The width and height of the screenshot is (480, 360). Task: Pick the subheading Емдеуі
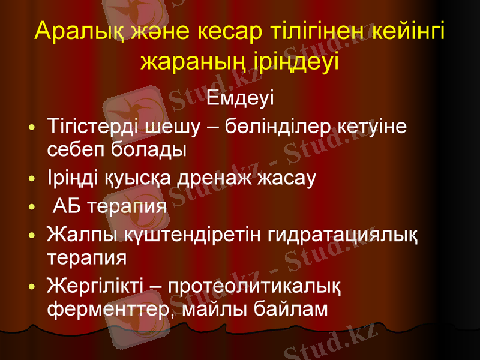(240, 97)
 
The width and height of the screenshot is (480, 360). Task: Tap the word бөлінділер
(272, 127)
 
